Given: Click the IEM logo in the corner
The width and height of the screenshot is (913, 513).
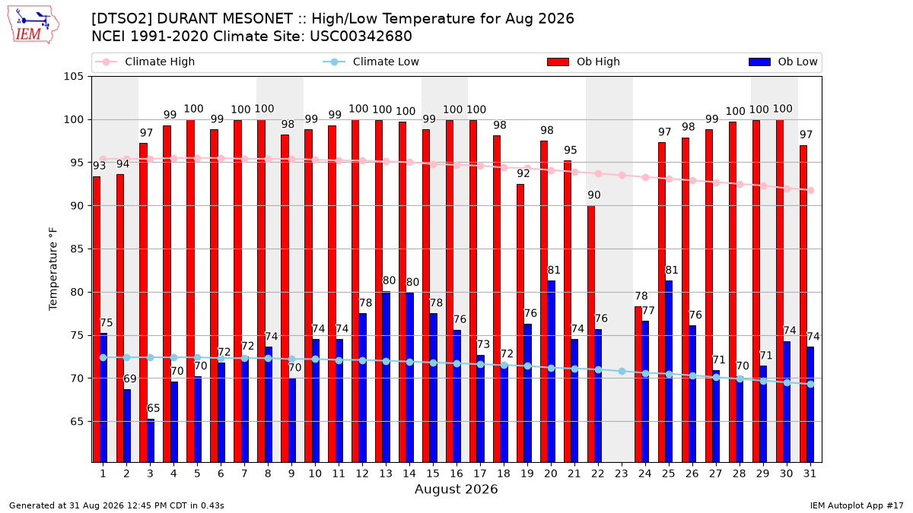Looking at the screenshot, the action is [33, 25].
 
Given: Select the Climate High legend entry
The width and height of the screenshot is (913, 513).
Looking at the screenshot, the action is [145, 62].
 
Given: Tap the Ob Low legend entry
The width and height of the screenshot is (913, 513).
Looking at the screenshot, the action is [783, 62].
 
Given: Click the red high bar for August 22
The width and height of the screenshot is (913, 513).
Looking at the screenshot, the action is [590, 334].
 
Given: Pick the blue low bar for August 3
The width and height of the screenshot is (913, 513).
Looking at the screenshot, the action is [151, 441].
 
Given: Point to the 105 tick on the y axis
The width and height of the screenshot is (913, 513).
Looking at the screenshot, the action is [73, 77].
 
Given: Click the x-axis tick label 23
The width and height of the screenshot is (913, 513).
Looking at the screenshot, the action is [621, 474].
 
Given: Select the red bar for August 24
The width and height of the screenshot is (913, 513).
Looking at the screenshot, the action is [638, 385].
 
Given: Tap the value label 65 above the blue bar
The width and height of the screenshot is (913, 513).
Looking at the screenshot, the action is [153, 408].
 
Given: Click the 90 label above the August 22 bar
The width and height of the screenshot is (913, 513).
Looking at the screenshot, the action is [594, 195].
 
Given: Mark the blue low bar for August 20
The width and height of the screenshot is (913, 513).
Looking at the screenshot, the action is [551, 372].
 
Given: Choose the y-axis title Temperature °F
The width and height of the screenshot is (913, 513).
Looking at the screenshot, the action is [53, 269].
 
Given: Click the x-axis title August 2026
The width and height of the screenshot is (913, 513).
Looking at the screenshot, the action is [456, 489].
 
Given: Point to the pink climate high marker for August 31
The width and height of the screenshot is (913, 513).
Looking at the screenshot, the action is [810, 191].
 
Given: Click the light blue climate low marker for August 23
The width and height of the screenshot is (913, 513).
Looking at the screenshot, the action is [622, 372].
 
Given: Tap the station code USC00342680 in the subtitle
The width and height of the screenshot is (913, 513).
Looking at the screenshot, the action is [361, 36].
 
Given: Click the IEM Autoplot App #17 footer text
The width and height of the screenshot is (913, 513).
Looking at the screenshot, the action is [857, 505].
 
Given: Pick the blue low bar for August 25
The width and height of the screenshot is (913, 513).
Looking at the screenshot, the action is [669, 372].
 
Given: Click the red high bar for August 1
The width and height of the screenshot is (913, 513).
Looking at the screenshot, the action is [97, 320].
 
